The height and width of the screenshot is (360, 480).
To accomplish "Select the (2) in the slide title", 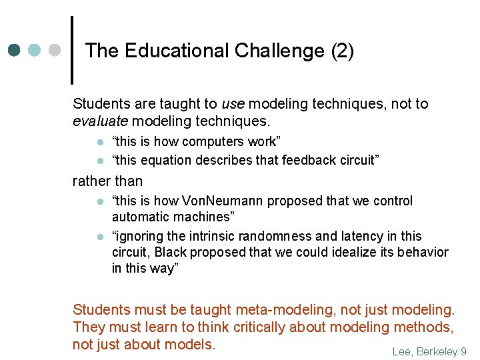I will coord(342,51).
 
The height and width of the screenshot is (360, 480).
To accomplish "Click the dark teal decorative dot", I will coord(15,51).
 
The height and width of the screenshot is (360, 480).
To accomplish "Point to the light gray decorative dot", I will coord(55,51).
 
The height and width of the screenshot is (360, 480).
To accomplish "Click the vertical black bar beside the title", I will coord(72,51).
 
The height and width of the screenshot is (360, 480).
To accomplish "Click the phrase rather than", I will coord(107,181).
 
